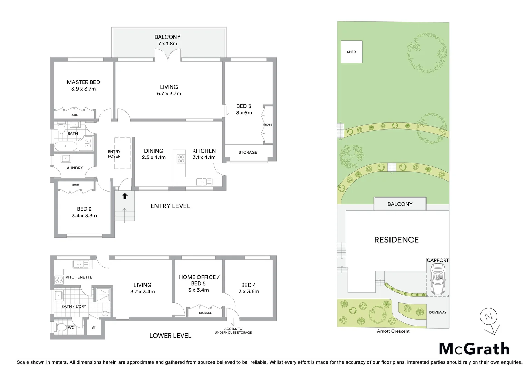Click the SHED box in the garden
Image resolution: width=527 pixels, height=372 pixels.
(x=351, y=52)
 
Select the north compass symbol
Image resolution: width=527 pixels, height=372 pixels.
(x=489, y=317)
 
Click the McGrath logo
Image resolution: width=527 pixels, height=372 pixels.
(x=474, y=349)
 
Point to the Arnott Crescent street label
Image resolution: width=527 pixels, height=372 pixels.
(x=393, y=331)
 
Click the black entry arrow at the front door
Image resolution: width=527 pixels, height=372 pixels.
(x=125, y=196)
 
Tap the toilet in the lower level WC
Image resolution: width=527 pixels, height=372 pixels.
(x=61, y=327)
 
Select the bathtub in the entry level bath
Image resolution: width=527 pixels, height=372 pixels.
(x=66, y=146)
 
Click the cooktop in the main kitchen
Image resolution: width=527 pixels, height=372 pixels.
(x=181, y=159)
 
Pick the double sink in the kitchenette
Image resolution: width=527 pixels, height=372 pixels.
(x=81, y=264)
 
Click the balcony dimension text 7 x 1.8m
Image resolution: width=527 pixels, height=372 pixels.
(x=168, y=44)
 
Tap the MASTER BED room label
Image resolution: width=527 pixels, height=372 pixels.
(x=83, y=82)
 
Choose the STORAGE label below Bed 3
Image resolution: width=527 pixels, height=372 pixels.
(x=247, y=152)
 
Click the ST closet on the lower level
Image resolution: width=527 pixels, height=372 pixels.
(x=94, y=327)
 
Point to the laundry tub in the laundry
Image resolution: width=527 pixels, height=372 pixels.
(x=65, y=158)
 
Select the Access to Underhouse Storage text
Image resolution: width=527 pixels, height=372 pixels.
(x=233, y=331)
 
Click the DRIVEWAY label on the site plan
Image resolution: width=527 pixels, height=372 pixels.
(x=438, y=312)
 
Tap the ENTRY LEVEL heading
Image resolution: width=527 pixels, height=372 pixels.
(x=170, y=206)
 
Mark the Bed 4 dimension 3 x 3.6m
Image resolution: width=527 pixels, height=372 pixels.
(x=249, y=291)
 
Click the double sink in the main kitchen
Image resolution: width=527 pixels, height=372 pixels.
(x=203, y=181)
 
